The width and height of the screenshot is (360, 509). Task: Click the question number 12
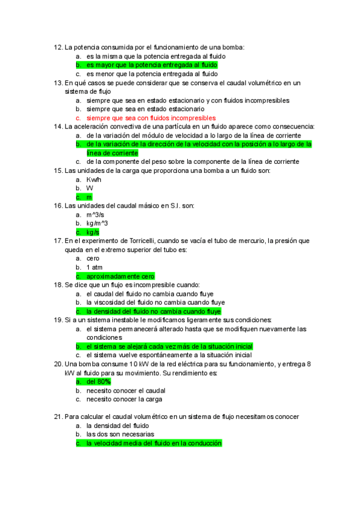point(58,47)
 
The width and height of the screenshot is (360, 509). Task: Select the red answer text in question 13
point(151,118)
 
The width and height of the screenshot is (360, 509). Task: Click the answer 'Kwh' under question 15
point(94,179)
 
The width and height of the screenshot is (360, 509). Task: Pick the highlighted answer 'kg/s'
point(92,232)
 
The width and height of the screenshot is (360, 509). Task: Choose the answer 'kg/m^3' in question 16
point(97,223)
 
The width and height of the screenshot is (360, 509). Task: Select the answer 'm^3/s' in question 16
point(95,214)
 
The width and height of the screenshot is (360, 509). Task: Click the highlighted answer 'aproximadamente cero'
point(120,276)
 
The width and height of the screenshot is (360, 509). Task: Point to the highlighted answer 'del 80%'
point(98,382)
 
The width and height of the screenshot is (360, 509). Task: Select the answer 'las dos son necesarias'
point(120,434)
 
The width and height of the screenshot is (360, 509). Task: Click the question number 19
point(58,320)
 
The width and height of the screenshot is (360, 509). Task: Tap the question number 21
point(58,417)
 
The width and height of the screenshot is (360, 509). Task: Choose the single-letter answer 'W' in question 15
point(89,188)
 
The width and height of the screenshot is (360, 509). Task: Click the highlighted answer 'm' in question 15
point(89,197)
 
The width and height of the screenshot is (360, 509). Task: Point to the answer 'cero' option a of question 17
point(93,258)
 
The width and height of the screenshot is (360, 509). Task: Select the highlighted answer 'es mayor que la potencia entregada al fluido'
point(151,65)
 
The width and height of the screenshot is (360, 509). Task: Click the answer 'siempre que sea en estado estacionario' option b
point(145,109)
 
